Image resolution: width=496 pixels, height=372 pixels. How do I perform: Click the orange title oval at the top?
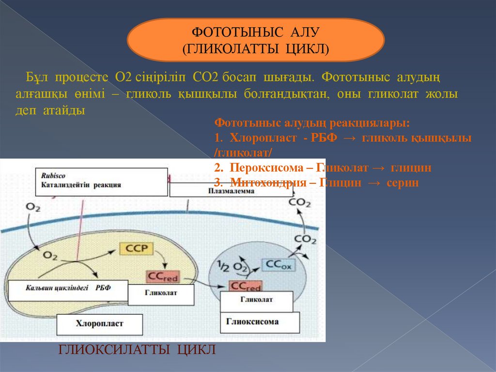click(255, 40)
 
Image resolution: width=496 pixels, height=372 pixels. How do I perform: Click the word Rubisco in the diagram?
click(53, 176)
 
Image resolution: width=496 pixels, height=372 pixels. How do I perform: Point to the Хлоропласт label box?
click(100, 324)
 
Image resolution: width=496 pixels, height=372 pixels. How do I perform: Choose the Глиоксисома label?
click(252, 321)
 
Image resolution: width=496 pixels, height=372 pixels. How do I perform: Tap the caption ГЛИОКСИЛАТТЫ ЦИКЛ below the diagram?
click(137, 350)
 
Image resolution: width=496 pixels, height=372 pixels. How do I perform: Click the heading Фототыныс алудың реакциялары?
click(312, 123)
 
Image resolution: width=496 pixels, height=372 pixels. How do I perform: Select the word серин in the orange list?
click(402, 183)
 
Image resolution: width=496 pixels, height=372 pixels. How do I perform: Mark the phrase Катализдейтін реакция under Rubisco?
click(81, 185)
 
